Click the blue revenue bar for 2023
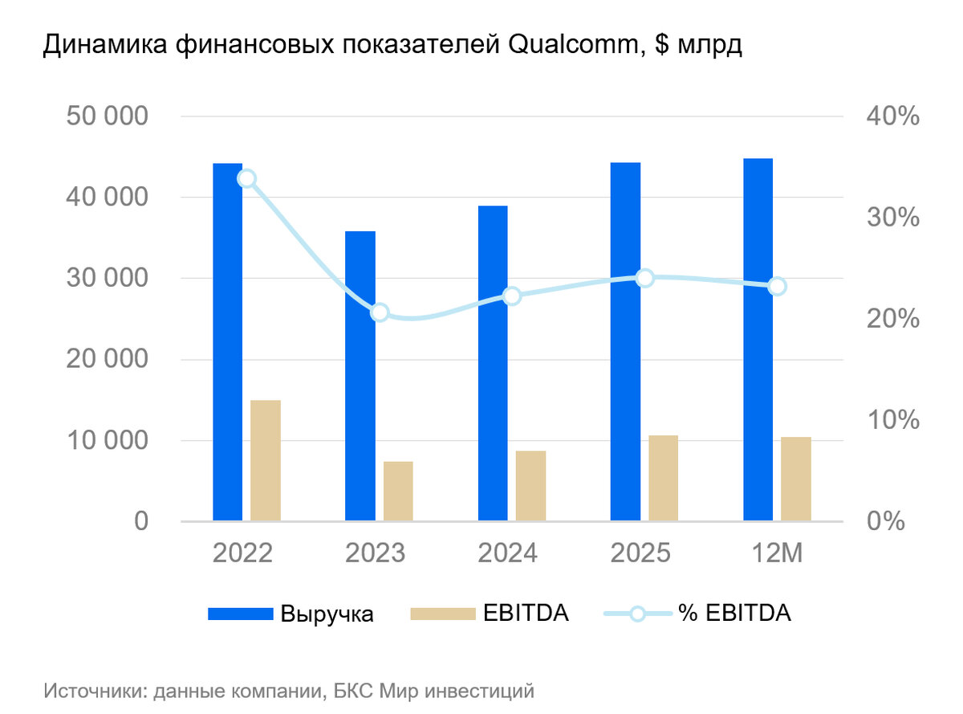tap(360, 376)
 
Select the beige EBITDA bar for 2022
tap(266, 460)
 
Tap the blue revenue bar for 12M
tap(758, 340)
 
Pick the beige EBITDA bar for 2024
tap(530, 486)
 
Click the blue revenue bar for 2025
tap(625, 341)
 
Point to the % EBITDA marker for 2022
tap(247, 178)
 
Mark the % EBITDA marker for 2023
tap(380, 312)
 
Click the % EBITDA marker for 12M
tap(777, 287)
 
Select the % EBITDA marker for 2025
tap(644, 278)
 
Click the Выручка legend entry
tap(327, 614)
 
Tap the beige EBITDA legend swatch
tap(441, 614)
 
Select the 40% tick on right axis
tap(892, 116)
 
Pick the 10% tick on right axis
tap(892, 420)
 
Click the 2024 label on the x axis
tap(508, 553)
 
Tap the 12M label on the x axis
tap(774, 553)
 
